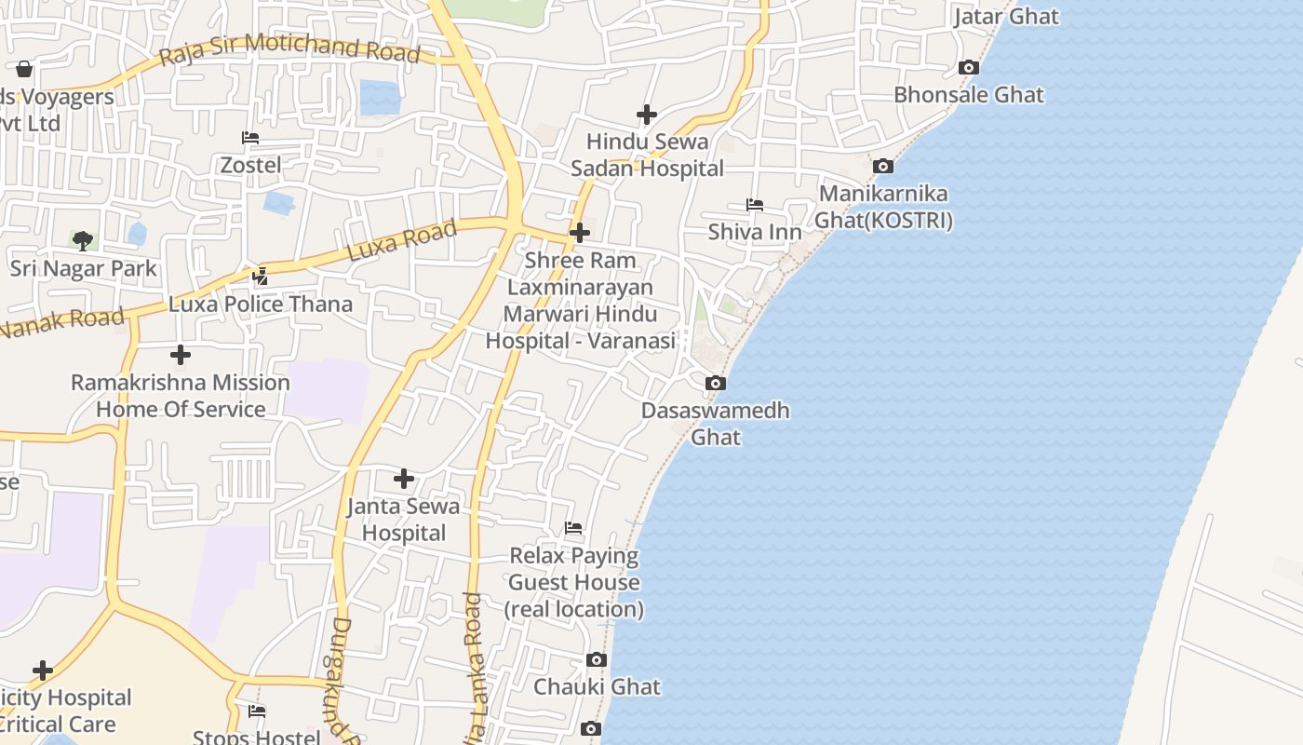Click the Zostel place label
pos(250,165)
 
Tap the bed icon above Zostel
pos(250,138)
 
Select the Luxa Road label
pos(402,239)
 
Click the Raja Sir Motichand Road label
pos(289,50)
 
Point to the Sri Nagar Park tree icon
pos(83,241)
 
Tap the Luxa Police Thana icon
pos(261,277)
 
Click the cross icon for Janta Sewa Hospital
pos(404,479)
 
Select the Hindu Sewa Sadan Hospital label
pos(647,156)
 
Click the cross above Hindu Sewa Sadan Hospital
pos(647,115)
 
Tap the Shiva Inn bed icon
pos(755,205)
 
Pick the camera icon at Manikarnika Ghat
pos(883,167)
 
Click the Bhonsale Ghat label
pos(969,95)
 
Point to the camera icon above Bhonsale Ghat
pos(969,68)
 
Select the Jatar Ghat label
pos(1006,17)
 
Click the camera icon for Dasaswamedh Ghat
pos(716,383)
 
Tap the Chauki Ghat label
pos(597,687)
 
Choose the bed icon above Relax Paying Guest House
pos(573,528)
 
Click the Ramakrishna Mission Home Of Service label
pos(181,396)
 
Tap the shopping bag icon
pos(24,69)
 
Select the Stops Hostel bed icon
pos(257,711)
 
